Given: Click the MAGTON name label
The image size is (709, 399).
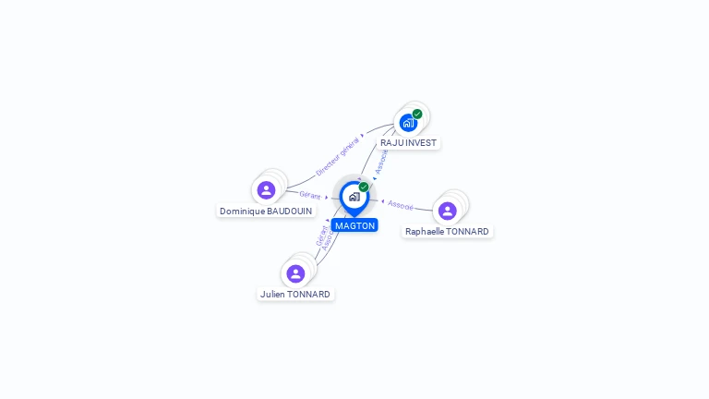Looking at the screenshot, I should [354, 225].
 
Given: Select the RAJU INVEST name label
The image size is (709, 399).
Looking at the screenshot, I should [408, 143].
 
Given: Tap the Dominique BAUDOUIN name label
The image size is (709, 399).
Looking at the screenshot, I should [266, 212].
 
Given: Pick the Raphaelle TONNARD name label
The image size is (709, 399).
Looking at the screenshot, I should [447, 232].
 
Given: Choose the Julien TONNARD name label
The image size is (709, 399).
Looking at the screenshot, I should [295, 295].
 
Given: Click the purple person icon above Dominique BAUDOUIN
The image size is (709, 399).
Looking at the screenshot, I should [266, 190].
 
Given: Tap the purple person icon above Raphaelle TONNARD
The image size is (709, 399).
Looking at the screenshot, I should [448, 211].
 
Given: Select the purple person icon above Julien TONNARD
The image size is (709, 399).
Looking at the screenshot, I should [295, 273].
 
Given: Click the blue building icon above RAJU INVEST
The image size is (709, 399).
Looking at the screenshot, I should [407, 123].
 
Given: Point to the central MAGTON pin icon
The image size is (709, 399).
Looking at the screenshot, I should [354, 197].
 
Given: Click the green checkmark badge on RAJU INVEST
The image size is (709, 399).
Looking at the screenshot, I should [417, 114].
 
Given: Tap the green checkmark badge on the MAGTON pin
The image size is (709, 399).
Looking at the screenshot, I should [364, 187].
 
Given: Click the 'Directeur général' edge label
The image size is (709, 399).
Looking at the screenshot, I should [338, 156].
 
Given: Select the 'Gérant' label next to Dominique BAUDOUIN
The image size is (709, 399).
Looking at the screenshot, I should [309, 194].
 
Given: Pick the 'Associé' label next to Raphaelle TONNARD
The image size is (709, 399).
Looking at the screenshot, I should [401, 204].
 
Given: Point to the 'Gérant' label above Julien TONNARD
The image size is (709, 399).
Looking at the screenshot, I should [320, 236].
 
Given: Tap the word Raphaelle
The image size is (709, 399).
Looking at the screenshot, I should [425, 232].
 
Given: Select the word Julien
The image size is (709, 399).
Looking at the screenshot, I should [272, 295].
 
